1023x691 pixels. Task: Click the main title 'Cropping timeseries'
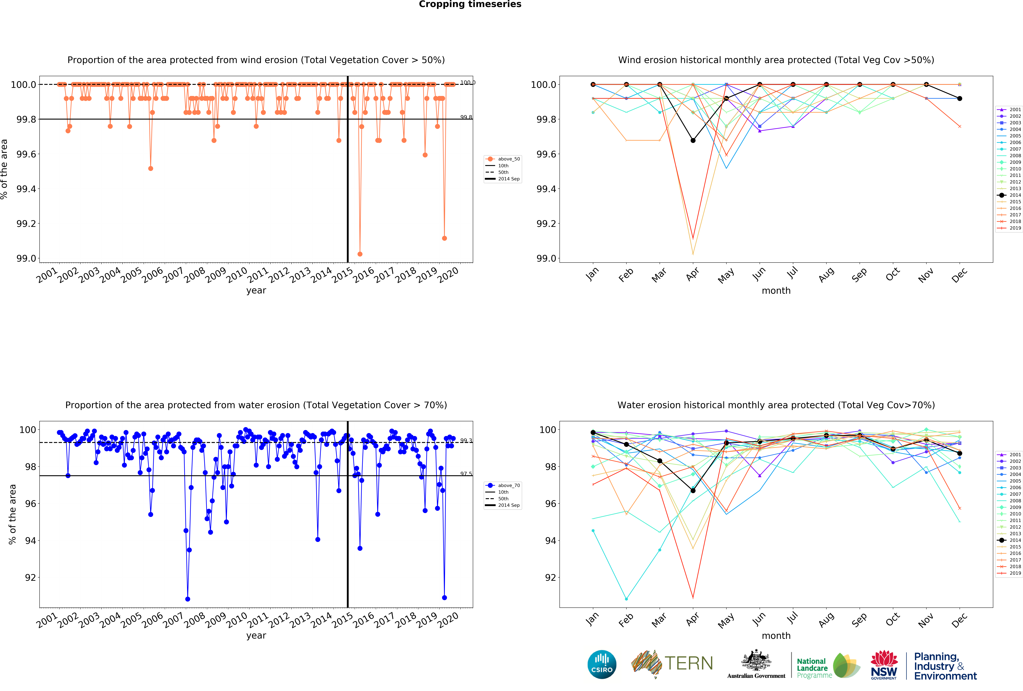tap(470, 4)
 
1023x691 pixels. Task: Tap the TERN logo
tap(672, 664)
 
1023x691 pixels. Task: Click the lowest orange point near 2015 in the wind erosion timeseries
tap(360, 254)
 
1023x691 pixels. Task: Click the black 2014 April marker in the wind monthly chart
tap(693, 140)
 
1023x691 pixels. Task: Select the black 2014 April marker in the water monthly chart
tap(693, 490)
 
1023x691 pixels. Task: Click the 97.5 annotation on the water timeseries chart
tap(466, 474)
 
